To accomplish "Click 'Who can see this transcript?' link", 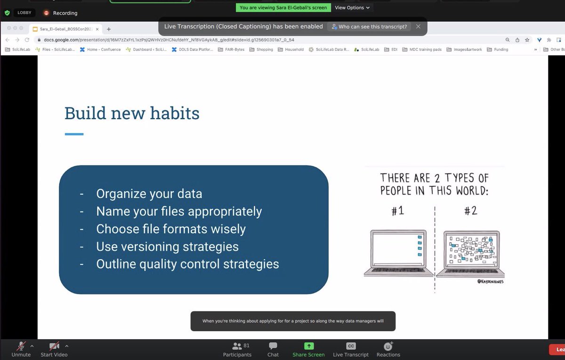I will pos(369,27).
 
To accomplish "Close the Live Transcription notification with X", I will pos(418,27).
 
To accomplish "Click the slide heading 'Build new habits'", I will pos(132,114).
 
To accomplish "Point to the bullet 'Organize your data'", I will pos(149,194).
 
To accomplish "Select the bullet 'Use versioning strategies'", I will pos(167,246).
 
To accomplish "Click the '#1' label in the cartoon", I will pos(398,211).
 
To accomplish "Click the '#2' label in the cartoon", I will pos(470,211).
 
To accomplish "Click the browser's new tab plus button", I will pos(109,29).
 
